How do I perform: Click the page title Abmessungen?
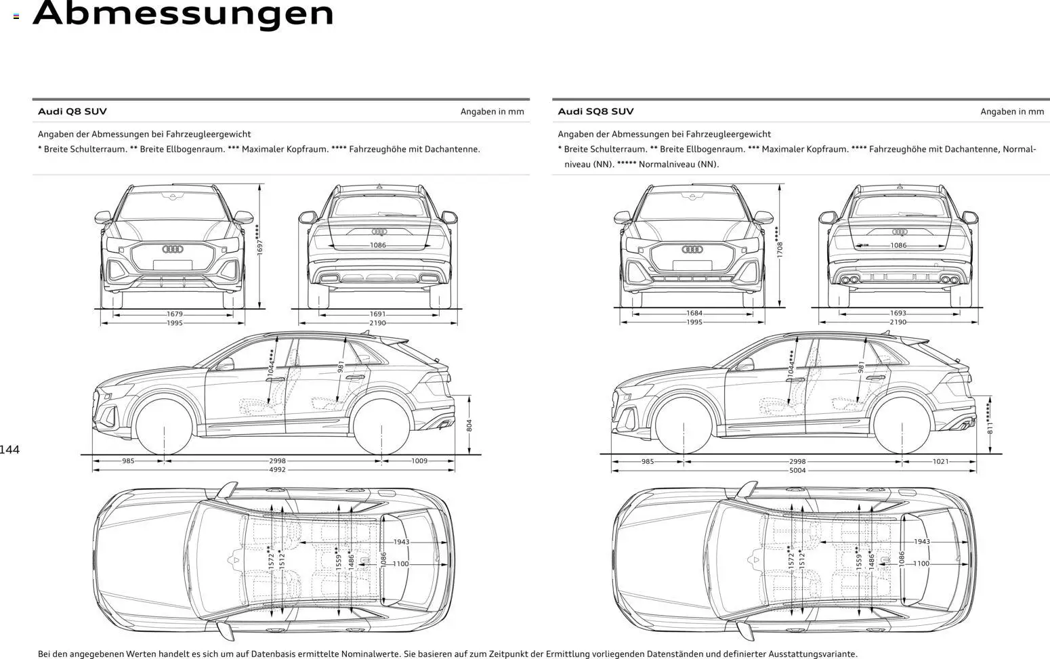183,14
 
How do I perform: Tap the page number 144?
10,450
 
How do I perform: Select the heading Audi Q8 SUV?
72,111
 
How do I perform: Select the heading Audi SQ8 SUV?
595,111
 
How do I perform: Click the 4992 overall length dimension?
277,469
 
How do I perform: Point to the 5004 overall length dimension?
797,469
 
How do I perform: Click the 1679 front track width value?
175,314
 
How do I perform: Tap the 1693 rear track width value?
898,314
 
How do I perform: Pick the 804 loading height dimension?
469,425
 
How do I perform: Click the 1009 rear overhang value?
419,461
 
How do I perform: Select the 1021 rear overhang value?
940,461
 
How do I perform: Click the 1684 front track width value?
694,314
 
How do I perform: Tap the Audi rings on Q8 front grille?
173,249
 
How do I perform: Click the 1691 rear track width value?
377,314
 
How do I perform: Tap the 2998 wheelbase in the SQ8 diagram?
797,461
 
